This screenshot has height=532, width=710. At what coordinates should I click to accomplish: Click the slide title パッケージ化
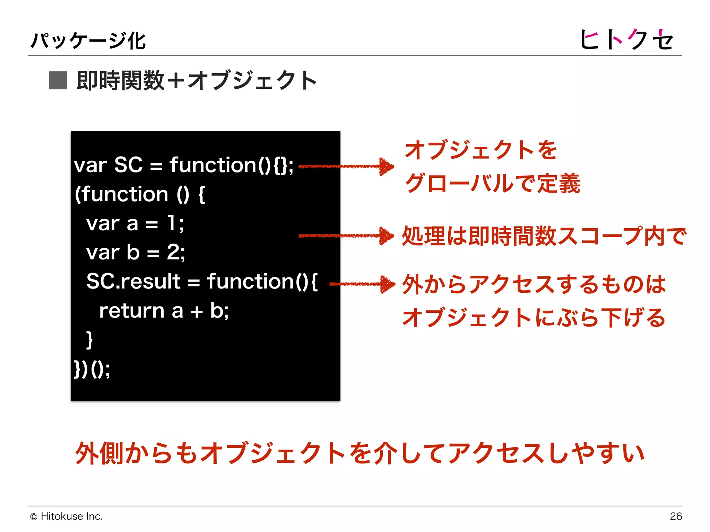(x=88, y=41)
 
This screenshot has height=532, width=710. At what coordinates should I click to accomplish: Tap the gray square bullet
(x=58, y=80)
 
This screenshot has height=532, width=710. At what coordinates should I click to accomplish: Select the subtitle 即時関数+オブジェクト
(x=197, y=80)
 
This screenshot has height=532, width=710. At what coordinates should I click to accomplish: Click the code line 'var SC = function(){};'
(x=183, y=165)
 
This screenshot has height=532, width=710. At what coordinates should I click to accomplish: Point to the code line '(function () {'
(x=140, y=194)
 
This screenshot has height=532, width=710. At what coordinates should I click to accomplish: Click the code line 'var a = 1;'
(x=135, y=223)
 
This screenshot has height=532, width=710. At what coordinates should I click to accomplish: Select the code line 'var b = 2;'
(x=136, y=252)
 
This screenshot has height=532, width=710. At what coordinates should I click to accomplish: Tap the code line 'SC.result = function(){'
(x=202, y=281)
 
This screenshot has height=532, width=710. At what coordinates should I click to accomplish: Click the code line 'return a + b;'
(x=164, y=311)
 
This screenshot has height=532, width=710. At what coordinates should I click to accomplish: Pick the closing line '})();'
(x=92, y=369)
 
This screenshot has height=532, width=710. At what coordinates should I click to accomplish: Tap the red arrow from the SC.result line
(x=362, y=284)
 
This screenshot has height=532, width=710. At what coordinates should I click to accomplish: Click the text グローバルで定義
(x=492, y=183)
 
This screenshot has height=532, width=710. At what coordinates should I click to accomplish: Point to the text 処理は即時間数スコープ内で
(x=544, y=236)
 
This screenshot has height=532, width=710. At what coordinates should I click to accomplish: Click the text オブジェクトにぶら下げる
(x=534, y=317)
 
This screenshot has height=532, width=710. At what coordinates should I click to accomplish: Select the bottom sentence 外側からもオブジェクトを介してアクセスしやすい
(x=360, y=453)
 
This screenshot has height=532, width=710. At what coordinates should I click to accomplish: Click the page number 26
(x=676, y=516)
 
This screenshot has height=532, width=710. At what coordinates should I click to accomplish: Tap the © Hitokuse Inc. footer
(x=67, y=516)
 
